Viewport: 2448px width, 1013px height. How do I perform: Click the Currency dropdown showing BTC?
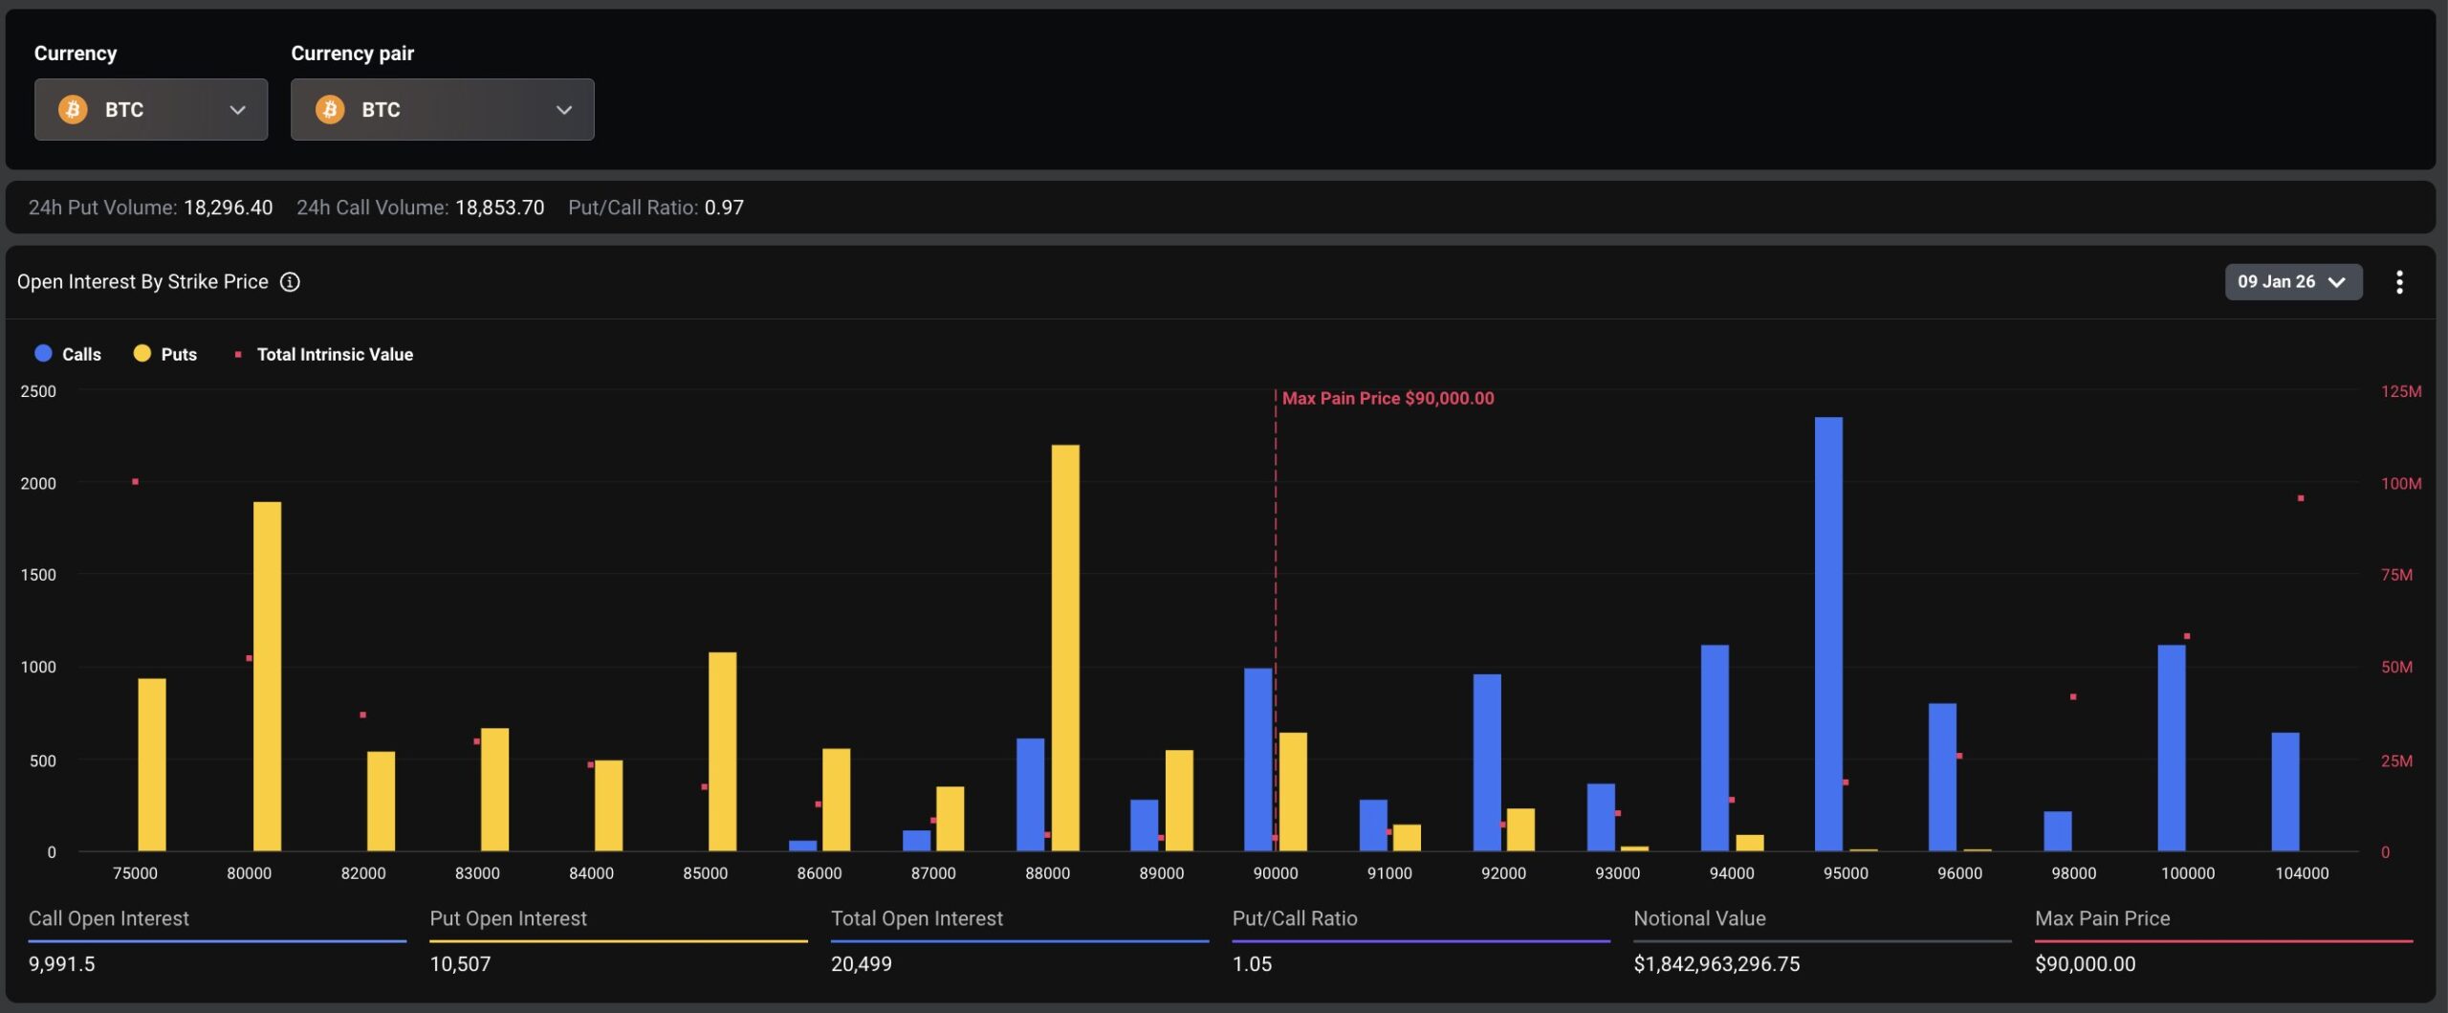151,110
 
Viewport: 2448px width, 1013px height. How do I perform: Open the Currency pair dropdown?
442,110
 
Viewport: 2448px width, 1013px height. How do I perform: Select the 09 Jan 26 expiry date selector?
2292,282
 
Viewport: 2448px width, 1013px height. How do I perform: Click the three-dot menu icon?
2398,282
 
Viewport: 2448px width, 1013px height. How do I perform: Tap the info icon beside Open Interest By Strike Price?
290,282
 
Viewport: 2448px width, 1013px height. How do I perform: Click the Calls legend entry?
68,354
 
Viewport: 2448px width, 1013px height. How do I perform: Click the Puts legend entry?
165,354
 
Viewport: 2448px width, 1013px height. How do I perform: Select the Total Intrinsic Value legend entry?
325,354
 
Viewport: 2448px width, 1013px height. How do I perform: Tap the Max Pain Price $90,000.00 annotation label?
1388,398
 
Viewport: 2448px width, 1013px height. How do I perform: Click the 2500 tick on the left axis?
38,391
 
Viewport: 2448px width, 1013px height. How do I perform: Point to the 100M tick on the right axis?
2400,483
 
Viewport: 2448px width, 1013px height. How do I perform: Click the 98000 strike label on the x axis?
2073,873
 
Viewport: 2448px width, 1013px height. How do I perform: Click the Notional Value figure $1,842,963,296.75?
1716,964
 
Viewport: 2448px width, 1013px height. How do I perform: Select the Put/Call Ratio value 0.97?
724,208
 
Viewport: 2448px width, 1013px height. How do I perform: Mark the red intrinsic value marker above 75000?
135,481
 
